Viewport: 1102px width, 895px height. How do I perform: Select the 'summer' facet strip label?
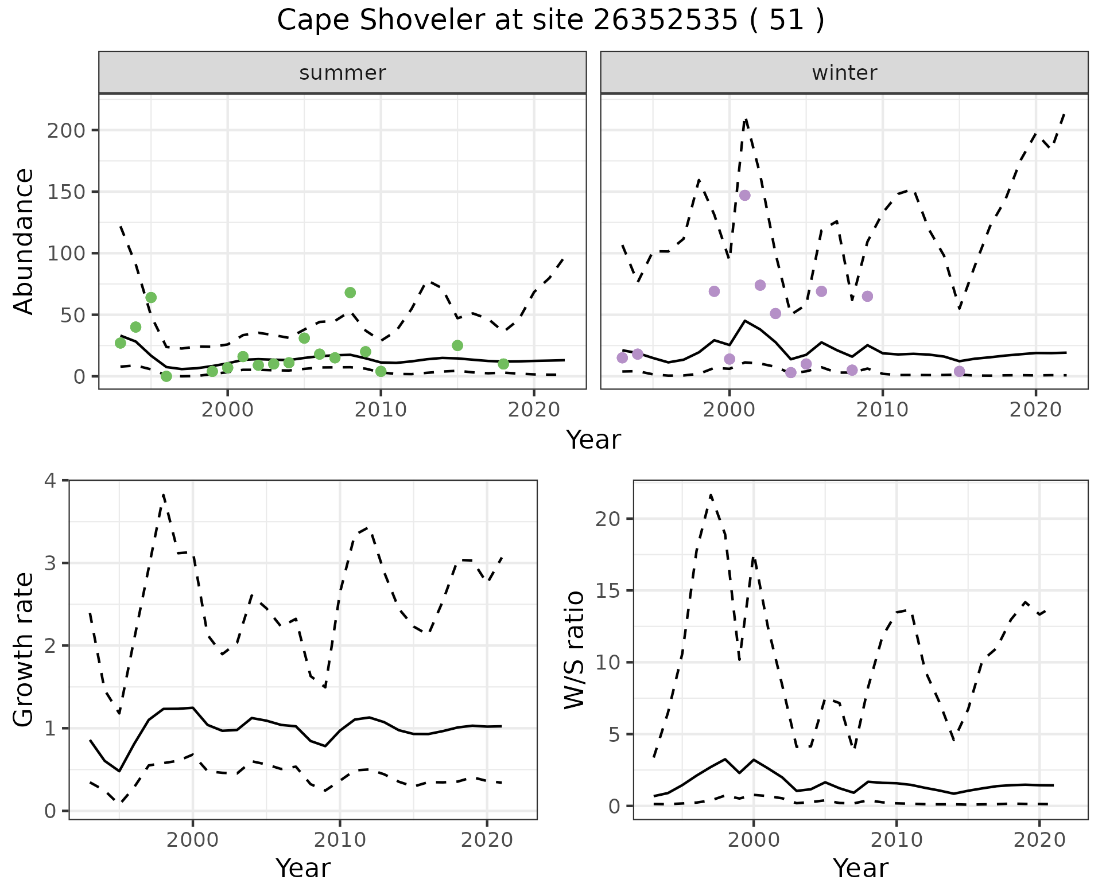(x=343, y=73)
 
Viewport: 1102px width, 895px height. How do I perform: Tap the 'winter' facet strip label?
(x=844, y=73)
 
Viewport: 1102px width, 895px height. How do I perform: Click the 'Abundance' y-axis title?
(x=24, y=242)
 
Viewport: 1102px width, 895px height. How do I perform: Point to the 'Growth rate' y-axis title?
(x=24, y=650)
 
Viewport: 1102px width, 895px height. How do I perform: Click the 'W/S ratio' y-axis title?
(x=575, y=650)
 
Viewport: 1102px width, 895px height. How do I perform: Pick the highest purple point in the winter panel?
(x=744, y=196)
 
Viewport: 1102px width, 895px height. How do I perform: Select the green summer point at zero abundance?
(x=166, y=376)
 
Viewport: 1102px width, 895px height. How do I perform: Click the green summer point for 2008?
(x=350, y=293)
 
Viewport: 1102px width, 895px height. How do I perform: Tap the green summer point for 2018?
(x=503, y=364)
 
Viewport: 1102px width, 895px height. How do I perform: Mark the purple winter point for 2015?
(x=959, y=372)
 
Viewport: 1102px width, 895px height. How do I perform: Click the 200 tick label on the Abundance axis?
(x=65, y=130)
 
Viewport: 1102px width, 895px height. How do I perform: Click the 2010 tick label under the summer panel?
(x=381, y=410)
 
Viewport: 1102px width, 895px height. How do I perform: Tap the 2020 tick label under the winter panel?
(x=1035, y=410)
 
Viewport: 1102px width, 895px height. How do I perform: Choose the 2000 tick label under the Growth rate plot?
(x=193, y=840)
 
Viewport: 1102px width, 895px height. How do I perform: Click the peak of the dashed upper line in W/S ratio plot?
(x=711, y=495)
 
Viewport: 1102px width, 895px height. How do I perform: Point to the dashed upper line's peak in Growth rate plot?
(x=164, y=494)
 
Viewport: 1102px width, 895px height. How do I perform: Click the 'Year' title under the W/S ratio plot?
(x=860, y=869)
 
